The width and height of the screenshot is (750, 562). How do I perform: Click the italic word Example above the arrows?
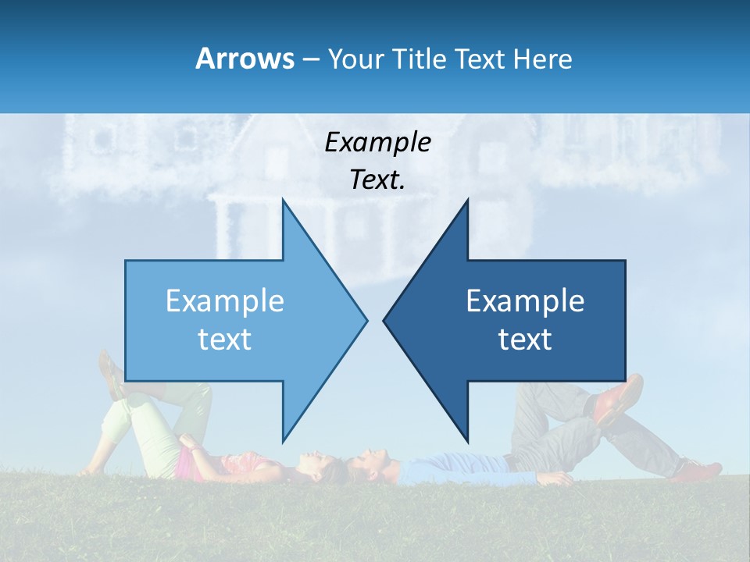[x=377, y=142]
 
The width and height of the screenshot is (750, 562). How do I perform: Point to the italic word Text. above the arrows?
[x=377, y=180]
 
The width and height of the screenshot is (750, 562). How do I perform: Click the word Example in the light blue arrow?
[x=225, y=301]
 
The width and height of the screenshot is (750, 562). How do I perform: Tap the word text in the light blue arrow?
[x=225, y=340]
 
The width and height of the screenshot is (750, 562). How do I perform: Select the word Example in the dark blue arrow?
[x=525, y=301]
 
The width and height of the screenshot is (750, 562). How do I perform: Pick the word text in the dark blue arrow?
[x=525, y=340]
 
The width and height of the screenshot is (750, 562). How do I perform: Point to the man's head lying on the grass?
[x=367, y=467]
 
